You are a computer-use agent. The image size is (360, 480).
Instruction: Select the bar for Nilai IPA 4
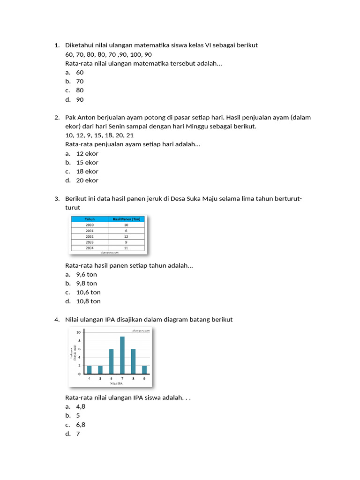click(89, 370)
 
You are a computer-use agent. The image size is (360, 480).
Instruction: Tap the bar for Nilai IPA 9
click(144, 370)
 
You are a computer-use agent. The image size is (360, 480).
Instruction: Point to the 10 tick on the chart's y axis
click(79, 332)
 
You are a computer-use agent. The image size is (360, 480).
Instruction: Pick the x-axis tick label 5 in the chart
click(100, 378)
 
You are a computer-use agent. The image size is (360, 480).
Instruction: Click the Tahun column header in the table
click(90, 219)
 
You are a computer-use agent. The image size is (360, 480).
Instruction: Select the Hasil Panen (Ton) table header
click(126, 219)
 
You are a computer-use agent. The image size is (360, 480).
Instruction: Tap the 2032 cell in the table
click(90, 236)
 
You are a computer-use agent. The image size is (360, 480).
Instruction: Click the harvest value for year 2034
click(126, 247)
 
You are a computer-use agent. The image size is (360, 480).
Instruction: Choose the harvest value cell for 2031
click(126, 231)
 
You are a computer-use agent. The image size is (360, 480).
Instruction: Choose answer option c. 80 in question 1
click(80, 90)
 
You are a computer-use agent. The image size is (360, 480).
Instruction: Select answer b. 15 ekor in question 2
click(87, 163)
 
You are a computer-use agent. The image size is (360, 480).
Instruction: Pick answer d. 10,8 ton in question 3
click(88, 301)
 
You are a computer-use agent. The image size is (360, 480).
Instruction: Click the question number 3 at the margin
click(56, 199)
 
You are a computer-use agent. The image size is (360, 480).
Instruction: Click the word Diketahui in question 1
click(80, 45)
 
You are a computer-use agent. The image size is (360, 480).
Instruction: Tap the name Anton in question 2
click(87, 118)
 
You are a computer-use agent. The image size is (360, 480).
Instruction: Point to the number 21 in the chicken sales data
click(130, 135)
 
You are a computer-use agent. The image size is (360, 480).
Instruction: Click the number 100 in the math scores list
click(135, 54)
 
